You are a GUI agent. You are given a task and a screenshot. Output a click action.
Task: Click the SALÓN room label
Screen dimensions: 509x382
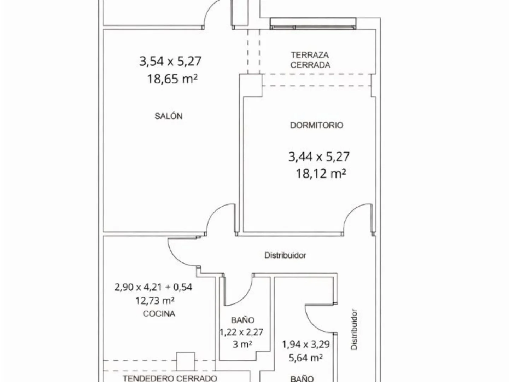[169, 116]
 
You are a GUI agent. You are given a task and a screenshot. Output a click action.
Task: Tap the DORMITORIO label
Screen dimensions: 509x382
[316, 125]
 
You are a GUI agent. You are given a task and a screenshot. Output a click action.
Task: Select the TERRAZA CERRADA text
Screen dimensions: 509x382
[310, 60]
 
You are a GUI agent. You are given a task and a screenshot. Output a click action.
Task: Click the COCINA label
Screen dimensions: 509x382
[159, 314]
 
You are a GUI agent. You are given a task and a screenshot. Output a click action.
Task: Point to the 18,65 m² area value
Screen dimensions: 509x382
[172, 79]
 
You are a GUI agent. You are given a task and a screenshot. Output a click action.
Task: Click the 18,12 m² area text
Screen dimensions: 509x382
[321, 173]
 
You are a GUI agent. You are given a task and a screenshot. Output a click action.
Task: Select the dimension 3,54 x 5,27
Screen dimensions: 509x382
[170, 61]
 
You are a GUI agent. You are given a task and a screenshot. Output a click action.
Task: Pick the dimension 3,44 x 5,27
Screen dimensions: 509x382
[319, 156]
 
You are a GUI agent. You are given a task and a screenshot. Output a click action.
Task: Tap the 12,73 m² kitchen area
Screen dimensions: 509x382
[155, 301]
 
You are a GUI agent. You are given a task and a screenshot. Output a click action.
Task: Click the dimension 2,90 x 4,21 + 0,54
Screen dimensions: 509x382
[153, 287]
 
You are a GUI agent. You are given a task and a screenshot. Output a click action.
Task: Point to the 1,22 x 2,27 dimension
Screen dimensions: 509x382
[241, 332]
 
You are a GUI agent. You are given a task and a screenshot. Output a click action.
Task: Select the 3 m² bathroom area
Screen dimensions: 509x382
[242, 345]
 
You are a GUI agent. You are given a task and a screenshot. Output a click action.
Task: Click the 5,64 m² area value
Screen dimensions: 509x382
[305, 358]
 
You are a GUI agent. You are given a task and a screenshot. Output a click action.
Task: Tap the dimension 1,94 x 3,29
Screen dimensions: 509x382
[306, 345]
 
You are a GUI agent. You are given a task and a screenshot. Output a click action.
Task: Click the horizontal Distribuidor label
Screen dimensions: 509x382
[285, 255]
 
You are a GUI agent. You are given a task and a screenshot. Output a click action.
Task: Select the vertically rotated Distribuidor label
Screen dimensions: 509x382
[354, 329]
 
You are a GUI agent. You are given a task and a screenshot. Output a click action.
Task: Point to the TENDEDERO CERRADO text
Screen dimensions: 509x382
[170, 378]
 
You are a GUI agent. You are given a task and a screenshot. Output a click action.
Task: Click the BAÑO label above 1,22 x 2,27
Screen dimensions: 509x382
[243, 320]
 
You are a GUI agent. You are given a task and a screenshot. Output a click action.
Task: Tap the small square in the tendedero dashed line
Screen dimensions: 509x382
[186, 361]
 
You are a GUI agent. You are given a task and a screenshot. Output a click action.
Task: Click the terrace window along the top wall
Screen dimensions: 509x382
[313, 24]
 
